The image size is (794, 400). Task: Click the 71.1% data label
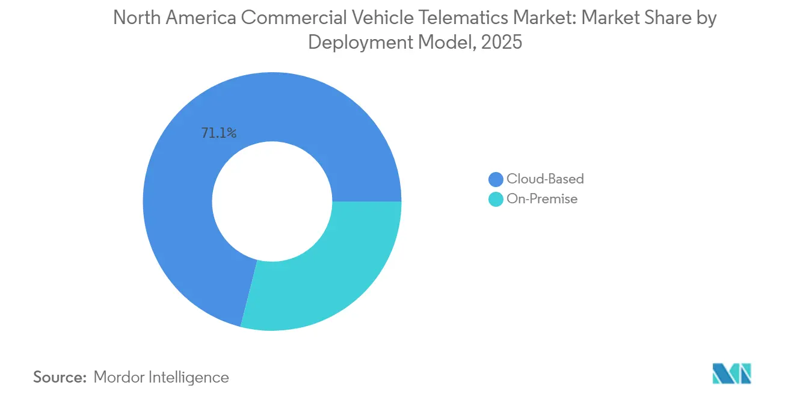point(219,134)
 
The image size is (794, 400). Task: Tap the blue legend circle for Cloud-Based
point(496,179)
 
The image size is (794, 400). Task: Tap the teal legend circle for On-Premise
point(496,199)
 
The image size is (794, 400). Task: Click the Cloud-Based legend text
point(545,179)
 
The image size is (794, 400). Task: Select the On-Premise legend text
point(542,199)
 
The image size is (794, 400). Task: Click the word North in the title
point(134,19)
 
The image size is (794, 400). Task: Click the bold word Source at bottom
point(60,377)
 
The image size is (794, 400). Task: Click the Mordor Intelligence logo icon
point(731,374)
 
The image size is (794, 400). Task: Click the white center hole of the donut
point(272,202)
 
